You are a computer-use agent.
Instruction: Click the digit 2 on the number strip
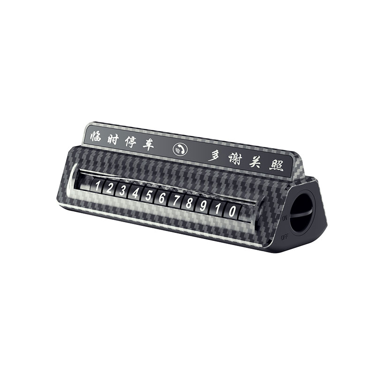[109, 189]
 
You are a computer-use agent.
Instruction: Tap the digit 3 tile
[122, 191]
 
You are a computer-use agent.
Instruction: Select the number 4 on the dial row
[135, 193]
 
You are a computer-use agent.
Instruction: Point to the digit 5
[149, 195]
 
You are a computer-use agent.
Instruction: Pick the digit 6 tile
[162, 198]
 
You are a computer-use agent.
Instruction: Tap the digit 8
[189, 203]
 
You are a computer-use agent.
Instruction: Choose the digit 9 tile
[203, 205]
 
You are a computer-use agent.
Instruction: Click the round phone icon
[180, 150]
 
